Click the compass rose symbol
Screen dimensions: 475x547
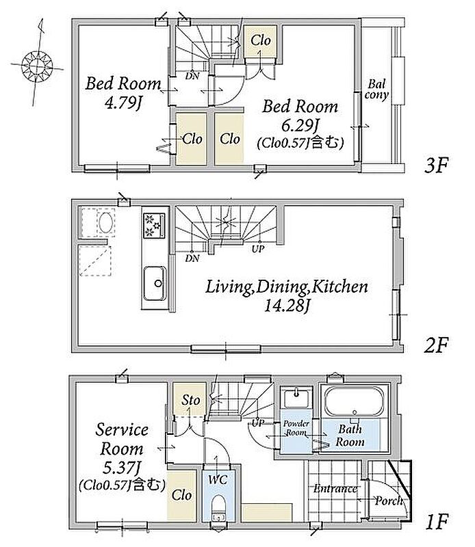pyautogui.click(x=36, y=65)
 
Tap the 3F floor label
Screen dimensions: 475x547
pyautogui.click(x=436, y=165)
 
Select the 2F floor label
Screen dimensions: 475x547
pyautogui.click(x=436, y=345)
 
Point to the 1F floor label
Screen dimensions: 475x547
pyautogui.click(x=437, y=522)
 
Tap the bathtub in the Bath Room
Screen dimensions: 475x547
pyautogui.click(x=354, y=401)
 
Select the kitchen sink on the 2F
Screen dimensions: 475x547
pyautogui.click(x=155, y=283)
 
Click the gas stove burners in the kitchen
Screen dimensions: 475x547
pyautogui.click(x=154, y=226)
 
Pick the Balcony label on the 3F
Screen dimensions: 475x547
pyautogui.click(x=376, y=90)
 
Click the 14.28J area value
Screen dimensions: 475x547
pyautogui.click(x=287, y=306)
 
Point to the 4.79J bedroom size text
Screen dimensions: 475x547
pyautogui.click(x=123, y=103)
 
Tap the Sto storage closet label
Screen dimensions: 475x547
pyautogui.click(x=191, y=400)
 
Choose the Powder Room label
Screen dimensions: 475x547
pyautogui.click(x=296, y=428)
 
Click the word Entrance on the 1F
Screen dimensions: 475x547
pyautogui.click(x=335, y=488)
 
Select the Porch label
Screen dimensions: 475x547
pyautogui.click(x=388, y=501)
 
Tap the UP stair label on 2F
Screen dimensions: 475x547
pyautogui.click(x=258, y=249)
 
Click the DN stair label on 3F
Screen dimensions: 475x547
pyautogui.click(x=192, y=75)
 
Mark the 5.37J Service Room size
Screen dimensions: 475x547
pyautogui.click(x=122, y=468)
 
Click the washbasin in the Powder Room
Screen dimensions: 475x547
pyautogui.click(x=297, y=398)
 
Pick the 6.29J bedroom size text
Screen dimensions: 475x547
pyautogui.click(x=300, y=125)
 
